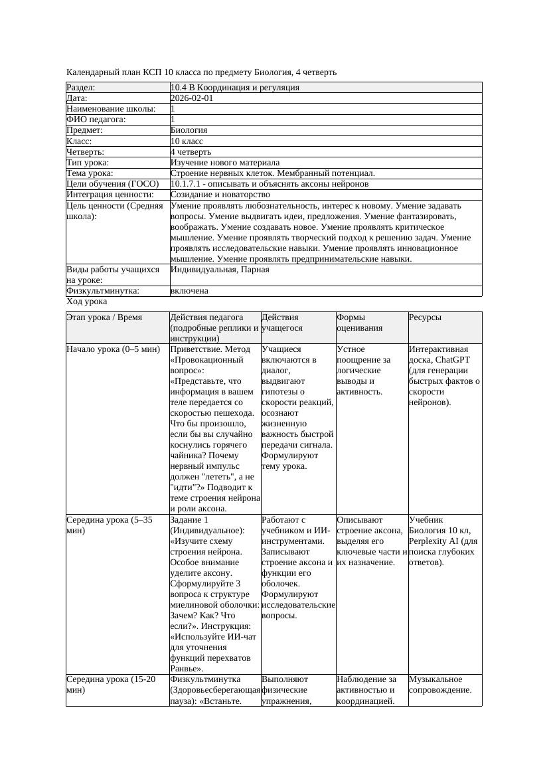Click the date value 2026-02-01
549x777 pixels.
(192, 98)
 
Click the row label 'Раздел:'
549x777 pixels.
(81, 88)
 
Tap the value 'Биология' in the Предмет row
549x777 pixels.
(189, 130)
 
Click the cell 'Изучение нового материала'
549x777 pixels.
(225, 163)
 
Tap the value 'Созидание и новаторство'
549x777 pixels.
(220, 195)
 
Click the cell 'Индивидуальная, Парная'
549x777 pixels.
(220, 270)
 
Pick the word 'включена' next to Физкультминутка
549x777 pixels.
(189, 291)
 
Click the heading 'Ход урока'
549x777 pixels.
(86, 302)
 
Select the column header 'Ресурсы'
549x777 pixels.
(425, 317)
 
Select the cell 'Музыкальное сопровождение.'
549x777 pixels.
(440, 685)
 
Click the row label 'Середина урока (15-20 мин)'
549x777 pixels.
(111, 685)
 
